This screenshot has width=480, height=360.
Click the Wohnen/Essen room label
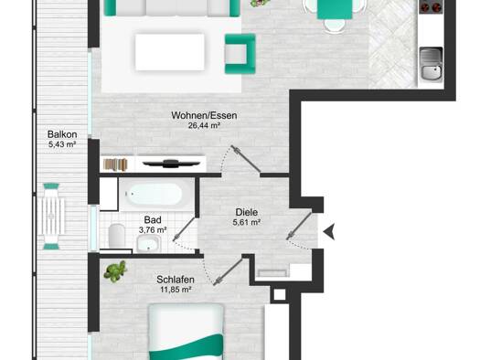204,116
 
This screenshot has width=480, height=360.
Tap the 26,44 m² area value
204,125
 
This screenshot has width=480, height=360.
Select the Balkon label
62,134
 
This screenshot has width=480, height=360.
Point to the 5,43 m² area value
62,144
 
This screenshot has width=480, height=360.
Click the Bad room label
153,220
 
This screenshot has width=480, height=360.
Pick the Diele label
247,212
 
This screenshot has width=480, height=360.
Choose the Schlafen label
176,280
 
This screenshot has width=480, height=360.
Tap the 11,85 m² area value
176,290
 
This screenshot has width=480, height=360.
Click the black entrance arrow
329,231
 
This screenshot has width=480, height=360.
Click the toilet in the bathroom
117,236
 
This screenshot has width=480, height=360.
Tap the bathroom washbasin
149,244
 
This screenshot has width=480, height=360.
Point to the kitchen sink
431,64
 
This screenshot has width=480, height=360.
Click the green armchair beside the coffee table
240,54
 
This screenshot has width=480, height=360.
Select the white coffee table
170,52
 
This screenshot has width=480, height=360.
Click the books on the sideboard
115,164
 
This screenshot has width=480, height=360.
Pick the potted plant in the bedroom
115,271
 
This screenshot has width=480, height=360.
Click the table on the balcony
51,217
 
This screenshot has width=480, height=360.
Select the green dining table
335,9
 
